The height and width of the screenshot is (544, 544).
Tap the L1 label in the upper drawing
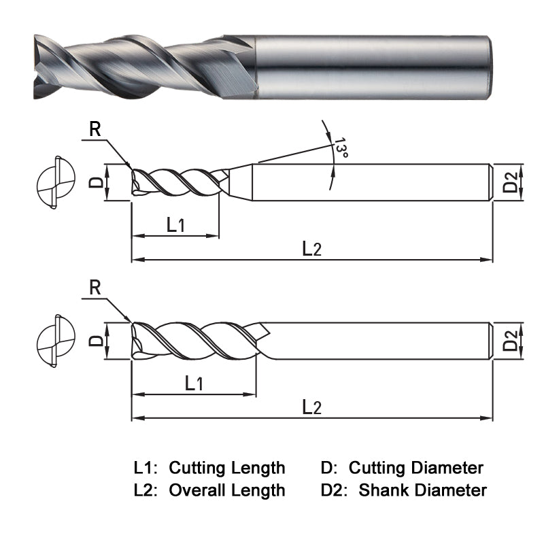coord(175,224)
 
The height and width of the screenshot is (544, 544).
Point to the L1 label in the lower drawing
coord(194,383)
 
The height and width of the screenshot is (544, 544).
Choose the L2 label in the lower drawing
coord(311,407)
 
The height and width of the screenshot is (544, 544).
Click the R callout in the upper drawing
coord(95,130)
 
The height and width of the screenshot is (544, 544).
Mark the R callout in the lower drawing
coord(95,288)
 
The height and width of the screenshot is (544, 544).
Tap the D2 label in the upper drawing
coord(511,182)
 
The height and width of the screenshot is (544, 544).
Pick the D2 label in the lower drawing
coord(511,340)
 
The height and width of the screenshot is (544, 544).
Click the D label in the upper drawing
coord(97,182)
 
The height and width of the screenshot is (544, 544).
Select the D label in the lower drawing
coord(97,339)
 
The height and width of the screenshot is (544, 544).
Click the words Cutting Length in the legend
coord(227,468)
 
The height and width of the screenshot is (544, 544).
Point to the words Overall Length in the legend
coord(227,490)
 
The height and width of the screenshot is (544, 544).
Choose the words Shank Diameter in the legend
coord(422,490)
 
